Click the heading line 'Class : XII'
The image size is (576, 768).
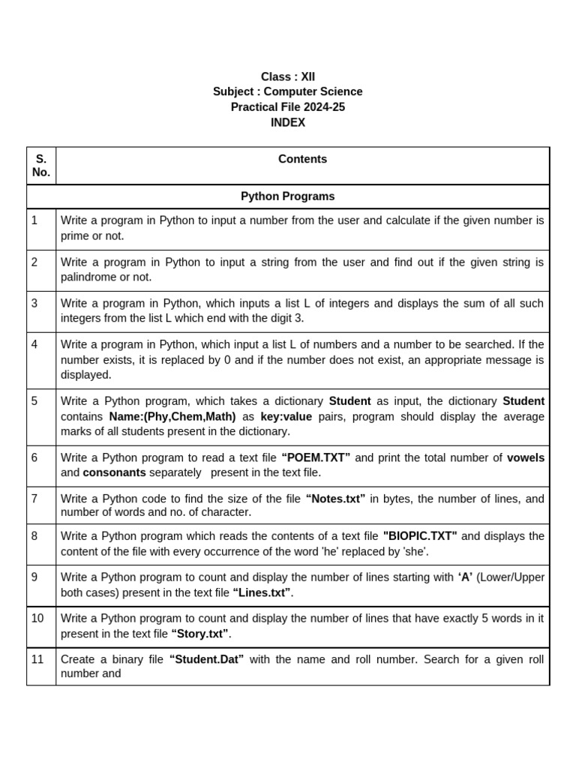(288, 76)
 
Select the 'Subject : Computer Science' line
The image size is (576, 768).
(288, 91)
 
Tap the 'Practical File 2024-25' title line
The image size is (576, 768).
(288, 107)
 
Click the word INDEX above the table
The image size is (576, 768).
(288, 122)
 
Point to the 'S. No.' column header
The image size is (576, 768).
(41, 166)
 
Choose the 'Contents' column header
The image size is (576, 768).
(302, 159)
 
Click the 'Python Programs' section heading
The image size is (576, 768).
(288, 196)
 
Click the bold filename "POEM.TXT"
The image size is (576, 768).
(316, 457)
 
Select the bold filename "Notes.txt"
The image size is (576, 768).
(335, 499)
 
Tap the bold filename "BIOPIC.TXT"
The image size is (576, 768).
(420, 535)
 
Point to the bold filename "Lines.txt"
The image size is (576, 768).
(262, 592)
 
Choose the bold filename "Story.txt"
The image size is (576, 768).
(200, 634)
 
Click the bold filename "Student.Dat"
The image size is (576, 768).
(207, 659)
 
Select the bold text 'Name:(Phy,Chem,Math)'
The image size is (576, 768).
(172, 416)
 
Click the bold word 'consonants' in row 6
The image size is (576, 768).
(114, 472)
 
